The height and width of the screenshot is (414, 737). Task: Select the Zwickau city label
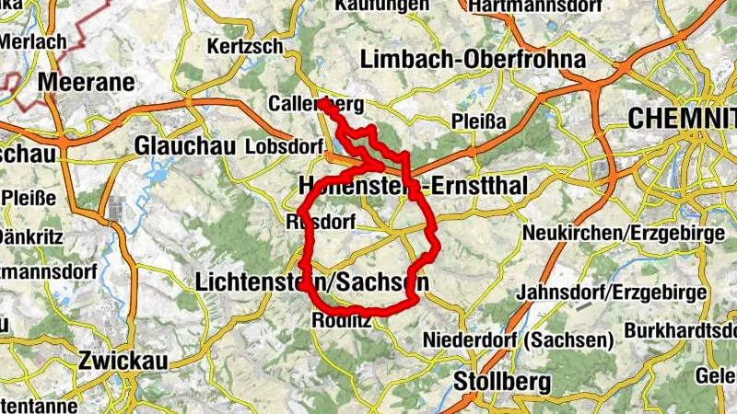123,361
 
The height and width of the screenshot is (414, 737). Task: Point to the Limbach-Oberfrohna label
474,60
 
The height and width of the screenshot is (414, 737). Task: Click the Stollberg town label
503,380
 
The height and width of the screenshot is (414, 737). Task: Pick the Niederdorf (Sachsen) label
519,340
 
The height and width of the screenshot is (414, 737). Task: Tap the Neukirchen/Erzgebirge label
624,233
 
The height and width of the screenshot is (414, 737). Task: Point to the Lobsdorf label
285,147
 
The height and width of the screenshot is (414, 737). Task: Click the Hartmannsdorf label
528,6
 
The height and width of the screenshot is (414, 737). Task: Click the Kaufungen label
383,6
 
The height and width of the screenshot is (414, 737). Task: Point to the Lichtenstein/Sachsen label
311,282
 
